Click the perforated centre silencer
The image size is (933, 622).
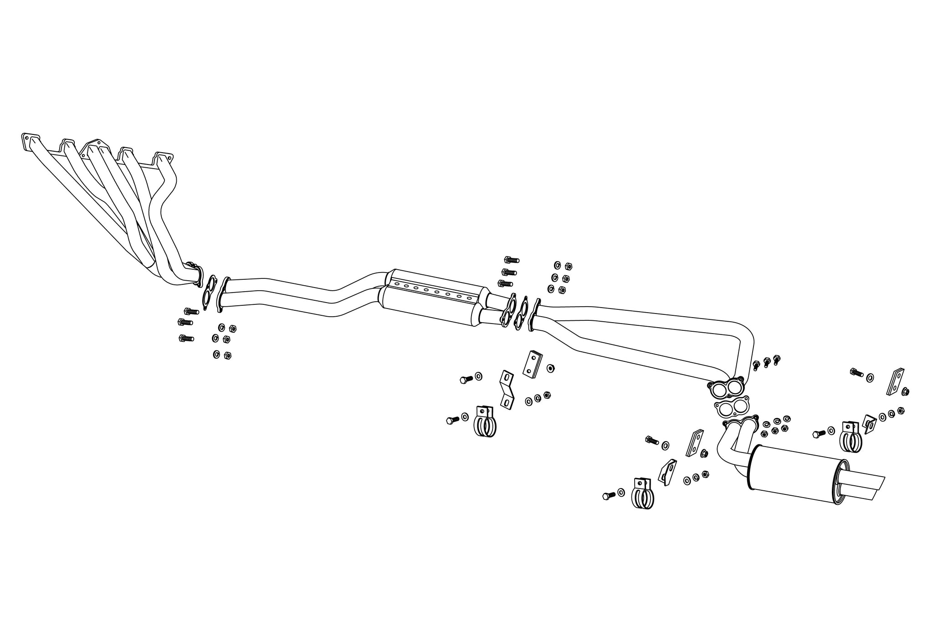[x=433, y=298]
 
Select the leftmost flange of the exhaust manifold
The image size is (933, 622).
[x=30, y=140]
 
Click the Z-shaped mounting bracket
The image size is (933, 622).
[x=507, y=389]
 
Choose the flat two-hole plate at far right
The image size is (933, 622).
[x=896, y=381]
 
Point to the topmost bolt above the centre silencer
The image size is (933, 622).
[x=511, y=260]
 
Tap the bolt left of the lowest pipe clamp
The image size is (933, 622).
[x=608, y=495]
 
